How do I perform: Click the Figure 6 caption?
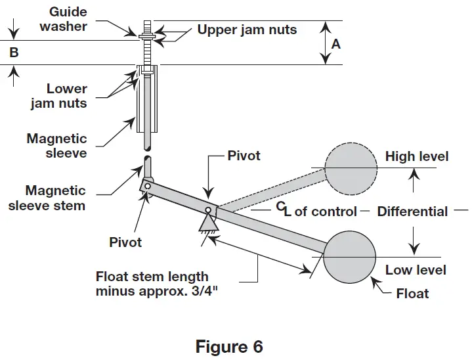[x=229, y=346]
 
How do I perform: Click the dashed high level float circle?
[x=351, y=168]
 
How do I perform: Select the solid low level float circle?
[x=349, y=255]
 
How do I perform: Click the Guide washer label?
[x=63, y=20]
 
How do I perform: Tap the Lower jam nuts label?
[x=68, y=96]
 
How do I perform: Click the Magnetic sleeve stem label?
[x=55, y=198]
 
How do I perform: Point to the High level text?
[x=417, y=156]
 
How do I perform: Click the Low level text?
[x=416, y=270]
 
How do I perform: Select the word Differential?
[x=412, y=212]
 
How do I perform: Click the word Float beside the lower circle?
[x=412, y=293]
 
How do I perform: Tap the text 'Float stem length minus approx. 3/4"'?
[x=152, y=284]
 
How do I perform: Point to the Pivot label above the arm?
[x=244, y=156]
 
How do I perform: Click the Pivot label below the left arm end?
[x=125, y=242]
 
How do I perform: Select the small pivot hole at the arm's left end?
[x=148, y=187]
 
